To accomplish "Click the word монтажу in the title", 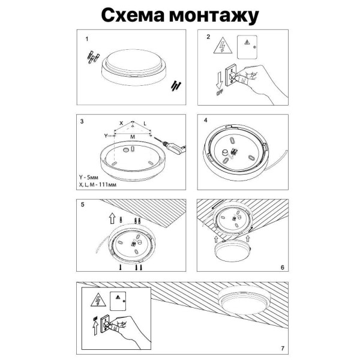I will [212, 15].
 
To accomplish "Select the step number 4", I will [206, 120].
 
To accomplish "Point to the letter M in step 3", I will [133, 137].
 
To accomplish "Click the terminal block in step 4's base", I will [230, 150].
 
